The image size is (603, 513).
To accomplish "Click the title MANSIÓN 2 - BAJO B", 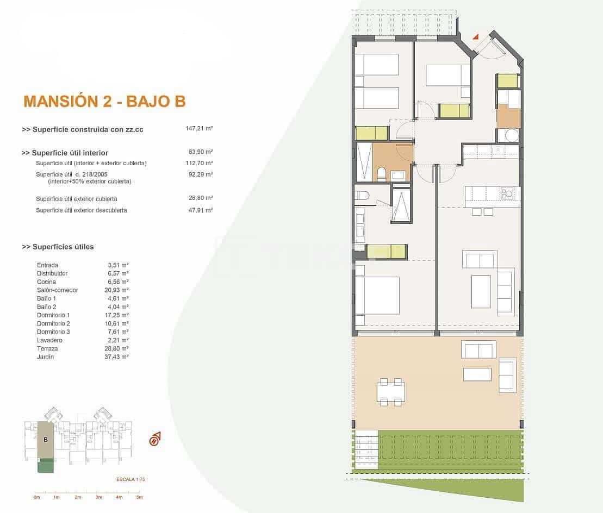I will pos(104,101).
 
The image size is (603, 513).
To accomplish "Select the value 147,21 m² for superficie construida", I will pos(198,129).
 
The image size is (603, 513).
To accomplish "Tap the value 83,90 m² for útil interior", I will pos(200,153).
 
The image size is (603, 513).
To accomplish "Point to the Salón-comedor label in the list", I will pos(57,290).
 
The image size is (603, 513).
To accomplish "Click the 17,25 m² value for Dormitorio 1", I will pos(118,315).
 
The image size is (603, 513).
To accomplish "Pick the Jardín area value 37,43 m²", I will pos(118,357).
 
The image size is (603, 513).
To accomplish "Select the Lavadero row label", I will pos(49,340).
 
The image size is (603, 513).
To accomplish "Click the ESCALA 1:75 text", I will pos(130,479).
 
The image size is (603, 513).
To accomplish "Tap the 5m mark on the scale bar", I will pos(139,497).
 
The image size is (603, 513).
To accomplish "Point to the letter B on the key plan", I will pos(46,439).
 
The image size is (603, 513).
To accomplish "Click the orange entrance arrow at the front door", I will pos(475,37).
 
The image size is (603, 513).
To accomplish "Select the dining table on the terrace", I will pos(391,391).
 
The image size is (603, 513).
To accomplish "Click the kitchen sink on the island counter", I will pos(507,192).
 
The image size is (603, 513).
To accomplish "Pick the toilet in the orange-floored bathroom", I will pos(381,174).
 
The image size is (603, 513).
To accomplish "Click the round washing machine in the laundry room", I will pos(511,135).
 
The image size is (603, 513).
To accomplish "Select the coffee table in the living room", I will pos(481,291).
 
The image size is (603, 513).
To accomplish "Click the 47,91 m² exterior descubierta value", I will pos(200,210).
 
